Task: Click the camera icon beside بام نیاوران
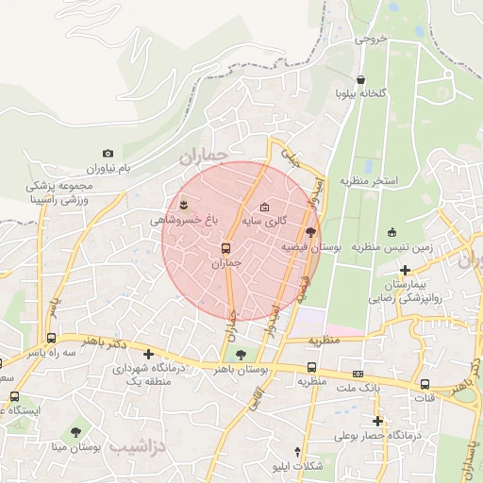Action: (108, 153)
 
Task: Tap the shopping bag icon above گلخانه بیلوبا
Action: (360, 79)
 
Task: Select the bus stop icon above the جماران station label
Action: (225, 249)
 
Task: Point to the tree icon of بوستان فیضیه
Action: (310, 231)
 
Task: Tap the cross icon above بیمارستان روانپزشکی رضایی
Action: (405, 270)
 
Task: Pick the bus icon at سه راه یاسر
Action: (51, 338)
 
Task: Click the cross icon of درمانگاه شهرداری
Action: (149, 354)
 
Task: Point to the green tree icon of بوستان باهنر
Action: (241, 355)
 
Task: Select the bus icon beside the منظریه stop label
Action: (311, 368)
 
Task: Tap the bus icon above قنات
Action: (425, 384)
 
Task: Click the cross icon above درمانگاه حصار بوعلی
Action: (378, 421)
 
